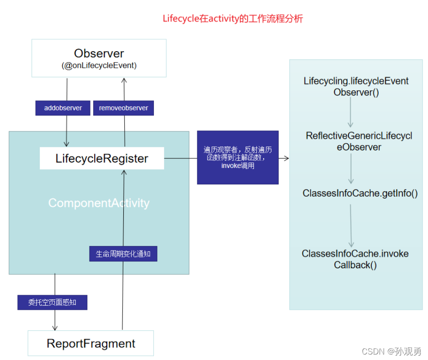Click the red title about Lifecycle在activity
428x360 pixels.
233,19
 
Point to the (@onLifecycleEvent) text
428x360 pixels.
99,65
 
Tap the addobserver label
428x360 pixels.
63,108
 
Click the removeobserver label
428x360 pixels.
123,108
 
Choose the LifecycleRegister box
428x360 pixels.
102,159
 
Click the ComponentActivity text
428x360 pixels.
99,203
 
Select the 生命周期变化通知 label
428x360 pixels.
123,254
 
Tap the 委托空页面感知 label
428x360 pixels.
52,303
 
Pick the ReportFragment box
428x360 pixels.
91,343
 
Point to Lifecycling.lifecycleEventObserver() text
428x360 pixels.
356,86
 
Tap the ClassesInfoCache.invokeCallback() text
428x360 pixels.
355,259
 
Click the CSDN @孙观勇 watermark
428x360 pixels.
391,351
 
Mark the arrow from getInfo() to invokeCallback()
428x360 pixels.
351,225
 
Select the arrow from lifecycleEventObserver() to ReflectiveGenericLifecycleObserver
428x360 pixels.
351,112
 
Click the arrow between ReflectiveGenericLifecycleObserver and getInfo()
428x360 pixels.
351,169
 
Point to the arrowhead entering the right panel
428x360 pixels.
286,158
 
